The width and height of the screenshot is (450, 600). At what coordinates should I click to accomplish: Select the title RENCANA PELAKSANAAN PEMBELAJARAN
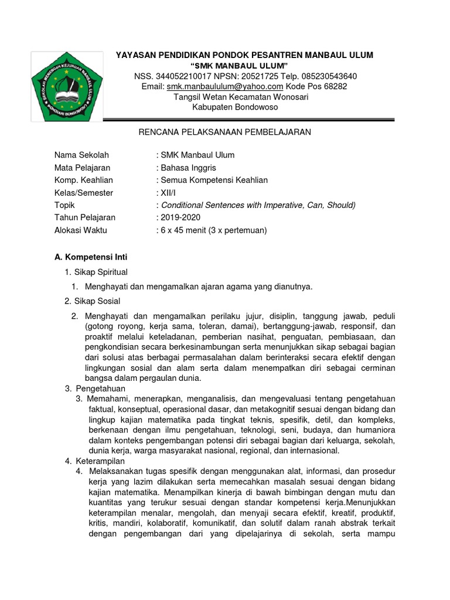[224, 132]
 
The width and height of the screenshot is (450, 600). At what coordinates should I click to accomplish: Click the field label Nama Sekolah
[81, 155]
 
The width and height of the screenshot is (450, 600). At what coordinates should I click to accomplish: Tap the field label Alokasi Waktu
[81, 230]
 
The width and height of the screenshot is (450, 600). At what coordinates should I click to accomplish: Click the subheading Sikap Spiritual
[100, 272]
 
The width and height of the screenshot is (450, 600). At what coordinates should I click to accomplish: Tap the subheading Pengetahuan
[100, 388]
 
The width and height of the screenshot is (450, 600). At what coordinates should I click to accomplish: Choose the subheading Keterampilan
[100, 461]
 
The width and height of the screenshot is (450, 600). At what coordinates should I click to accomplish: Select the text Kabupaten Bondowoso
[235, 107]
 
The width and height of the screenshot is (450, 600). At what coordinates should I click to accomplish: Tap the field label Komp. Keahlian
[84, 180]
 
